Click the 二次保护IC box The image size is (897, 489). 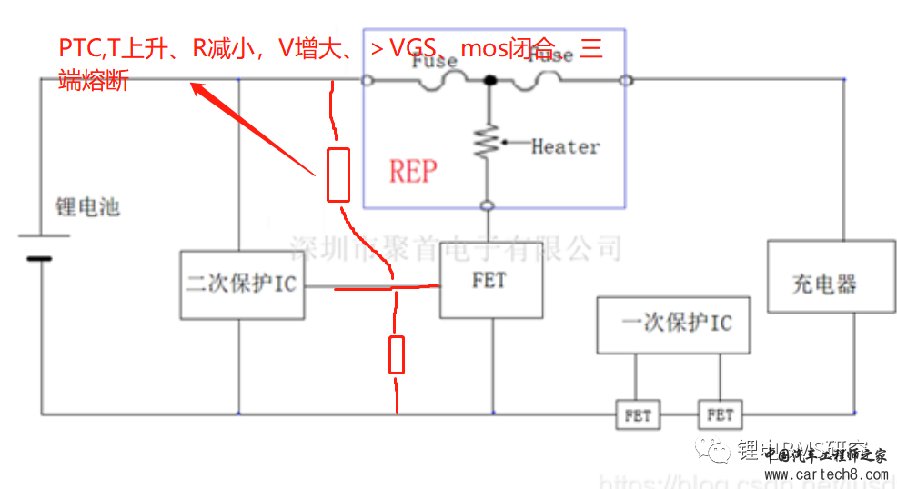pyautogui.click(x=242, y=284)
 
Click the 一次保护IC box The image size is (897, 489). pyautogui.click(x=673, y=324)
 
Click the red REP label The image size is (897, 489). pyautogui.click(x=413, y=171)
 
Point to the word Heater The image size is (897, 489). pyautogui.click(x=565, y=146)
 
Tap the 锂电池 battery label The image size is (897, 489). pyautogui.click(x=87, y=207)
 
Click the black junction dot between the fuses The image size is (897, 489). pyautogui.click(x=490, y=81)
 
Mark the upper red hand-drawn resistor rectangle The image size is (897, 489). pyautogui.click(x=338, y=175)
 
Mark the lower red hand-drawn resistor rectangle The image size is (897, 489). pyautogui.click(x=397, y=354)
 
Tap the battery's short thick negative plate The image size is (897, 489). pyautogui.click(x=39, y=259)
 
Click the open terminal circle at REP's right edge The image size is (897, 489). pyautogui.click(x=625, y=81)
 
